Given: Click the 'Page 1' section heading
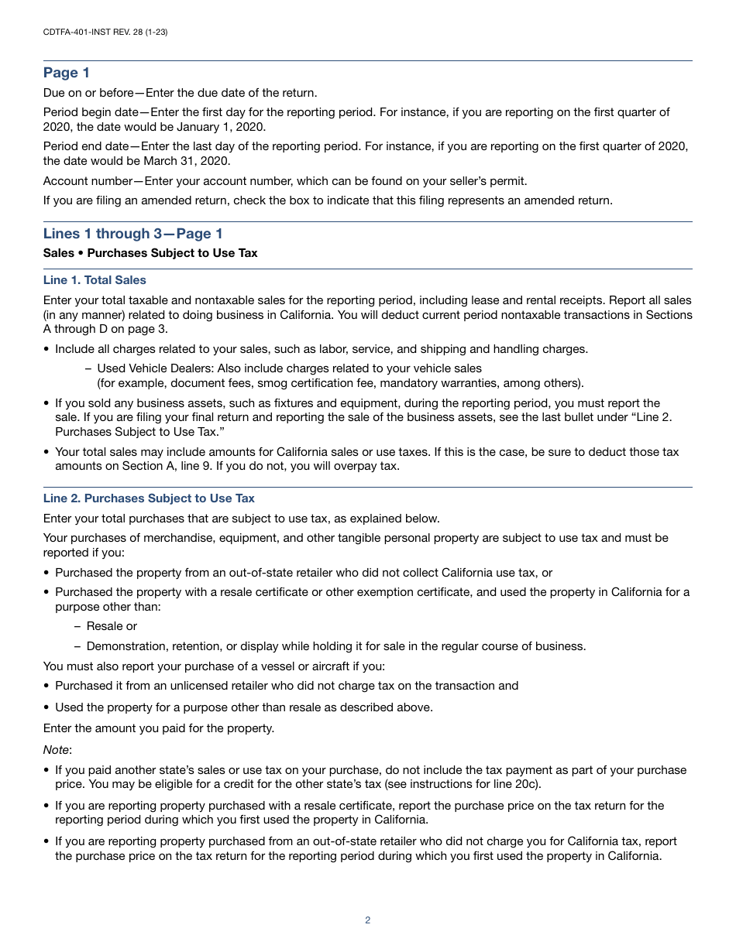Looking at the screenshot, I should tap(67, 73).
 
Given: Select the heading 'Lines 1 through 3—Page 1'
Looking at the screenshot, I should tap(132, 234).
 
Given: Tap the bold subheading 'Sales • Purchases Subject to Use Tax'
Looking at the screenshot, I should tap(150, 253).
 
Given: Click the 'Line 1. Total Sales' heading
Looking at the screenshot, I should tap(95, 280).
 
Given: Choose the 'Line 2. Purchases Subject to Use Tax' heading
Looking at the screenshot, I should tap(149, 498).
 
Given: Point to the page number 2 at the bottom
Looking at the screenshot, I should tap(367, 920).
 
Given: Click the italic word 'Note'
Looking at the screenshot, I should tap(56, 750).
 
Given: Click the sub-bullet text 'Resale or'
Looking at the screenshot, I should tap(112, 626).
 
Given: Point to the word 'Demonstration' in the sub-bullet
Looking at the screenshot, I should tap(124, 646).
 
